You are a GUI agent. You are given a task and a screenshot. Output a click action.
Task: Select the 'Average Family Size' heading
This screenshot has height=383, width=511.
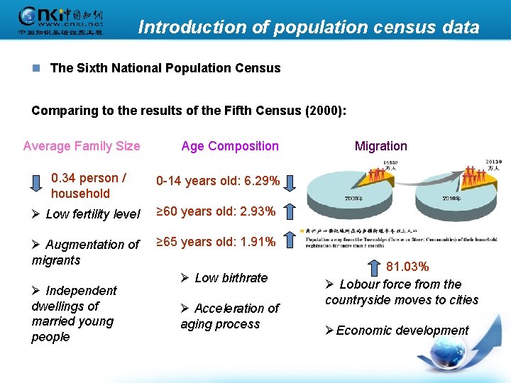tap(82, 146)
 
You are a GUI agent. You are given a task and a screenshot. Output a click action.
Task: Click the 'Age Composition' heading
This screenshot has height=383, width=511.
tap(230, 146)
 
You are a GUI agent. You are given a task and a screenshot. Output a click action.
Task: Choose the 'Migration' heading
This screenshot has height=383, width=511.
tap(381, 146)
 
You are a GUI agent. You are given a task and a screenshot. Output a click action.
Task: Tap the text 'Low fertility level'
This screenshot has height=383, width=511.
tap(92, 214)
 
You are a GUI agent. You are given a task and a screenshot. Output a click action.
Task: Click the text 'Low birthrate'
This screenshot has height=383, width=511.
tap(231, 277)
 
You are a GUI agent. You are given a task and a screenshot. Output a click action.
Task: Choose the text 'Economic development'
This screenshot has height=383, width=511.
tap(402, 331)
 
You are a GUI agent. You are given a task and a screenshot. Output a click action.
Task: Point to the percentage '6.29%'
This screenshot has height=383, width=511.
tap(259, 181)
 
